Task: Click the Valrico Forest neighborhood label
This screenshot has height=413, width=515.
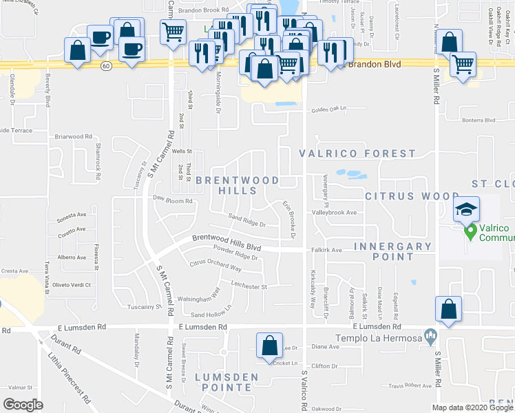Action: tap(357, 153)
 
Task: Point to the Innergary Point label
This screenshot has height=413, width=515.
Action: tap(392, 251)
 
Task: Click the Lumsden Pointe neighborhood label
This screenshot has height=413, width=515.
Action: tap(227, 382)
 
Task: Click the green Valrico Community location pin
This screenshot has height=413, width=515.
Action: tap(470, 233)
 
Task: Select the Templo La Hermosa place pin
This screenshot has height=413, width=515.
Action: tap(431, 337)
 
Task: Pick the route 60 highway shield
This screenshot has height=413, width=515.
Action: tap(105, 66)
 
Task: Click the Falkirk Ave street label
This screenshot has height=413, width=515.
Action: tap(326, 251)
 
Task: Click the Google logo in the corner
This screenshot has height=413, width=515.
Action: tap(23, 404)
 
